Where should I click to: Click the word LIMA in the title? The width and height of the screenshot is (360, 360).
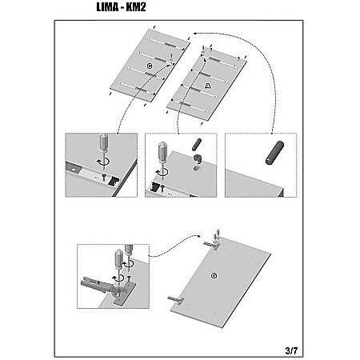[x=107, y=7]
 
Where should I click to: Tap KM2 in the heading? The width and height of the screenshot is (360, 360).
[x=136, y=7]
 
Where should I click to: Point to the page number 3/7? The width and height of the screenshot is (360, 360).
[x=291, y=350]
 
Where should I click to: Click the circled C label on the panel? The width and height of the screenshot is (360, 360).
[x=150, y=66]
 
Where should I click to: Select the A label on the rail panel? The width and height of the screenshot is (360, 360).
[x=208, y=86]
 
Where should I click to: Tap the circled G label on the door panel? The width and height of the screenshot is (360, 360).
[x=214, y=276]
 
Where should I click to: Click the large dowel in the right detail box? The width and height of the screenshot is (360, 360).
[x=274, y=153]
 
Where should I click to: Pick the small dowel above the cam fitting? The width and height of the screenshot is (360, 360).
[x=197, y=145]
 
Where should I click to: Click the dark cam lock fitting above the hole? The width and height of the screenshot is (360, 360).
[x=198, y=158]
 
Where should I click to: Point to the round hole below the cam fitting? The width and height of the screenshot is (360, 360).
[x=197, y=169]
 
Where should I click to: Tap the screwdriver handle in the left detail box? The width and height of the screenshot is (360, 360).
[x=104, y=142]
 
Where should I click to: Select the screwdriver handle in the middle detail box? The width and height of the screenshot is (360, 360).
[x=162, y=151]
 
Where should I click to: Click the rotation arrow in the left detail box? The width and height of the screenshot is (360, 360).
[x=103, y=161]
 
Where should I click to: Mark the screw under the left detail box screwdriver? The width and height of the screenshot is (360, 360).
[x=104, y=176]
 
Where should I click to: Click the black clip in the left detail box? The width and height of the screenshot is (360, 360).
[x=113, y=181]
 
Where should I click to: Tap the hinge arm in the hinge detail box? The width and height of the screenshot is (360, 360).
[x=95, y=285]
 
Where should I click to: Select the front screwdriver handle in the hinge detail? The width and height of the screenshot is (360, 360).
[x=118, y=258]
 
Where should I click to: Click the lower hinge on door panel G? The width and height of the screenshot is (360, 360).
[x=176, y=300]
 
